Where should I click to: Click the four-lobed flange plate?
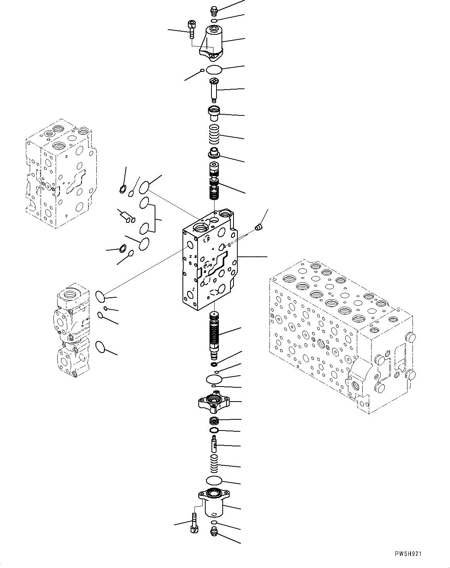point(213,402)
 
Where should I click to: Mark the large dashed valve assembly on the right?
point(340,336)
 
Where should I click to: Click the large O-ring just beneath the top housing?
point(214,70)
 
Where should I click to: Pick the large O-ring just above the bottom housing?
point(214,481)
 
